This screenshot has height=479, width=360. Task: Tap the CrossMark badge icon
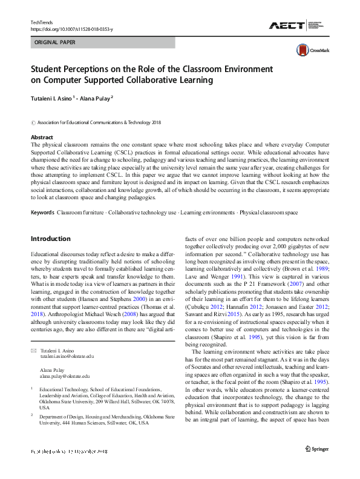(303, 51)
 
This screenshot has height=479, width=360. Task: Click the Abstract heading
(42, 137)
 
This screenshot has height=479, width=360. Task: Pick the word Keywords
(42, 213)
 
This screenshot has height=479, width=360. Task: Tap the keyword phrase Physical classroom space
(269, 213)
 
